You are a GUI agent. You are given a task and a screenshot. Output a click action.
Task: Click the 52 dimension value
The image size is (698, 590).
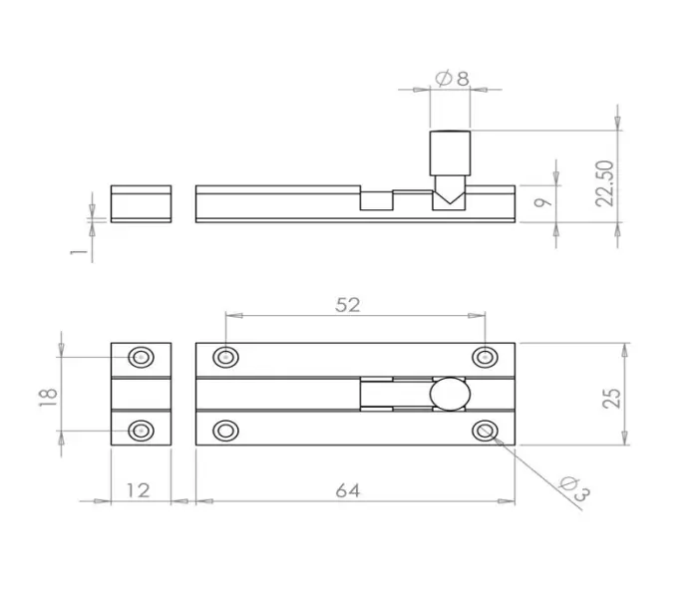point(347,305)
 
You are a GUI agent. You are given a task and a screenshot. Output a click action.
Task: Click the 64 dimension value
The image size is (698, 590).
point(347,489)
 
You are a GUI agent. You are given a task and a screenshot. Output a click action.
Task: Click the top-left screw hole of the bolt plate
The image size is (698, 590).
point(226,356)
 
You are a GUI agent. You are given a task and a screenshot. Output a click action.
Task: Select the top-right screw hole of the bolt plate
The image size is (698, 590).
point(486,356)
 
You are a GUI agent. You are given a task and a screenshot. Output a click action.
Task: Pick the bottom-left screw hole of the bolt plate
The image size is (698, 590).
point(226,431)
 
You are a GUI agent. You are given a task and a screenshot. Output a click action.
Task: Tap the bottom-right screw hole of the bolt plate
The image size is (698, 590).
point(486,431)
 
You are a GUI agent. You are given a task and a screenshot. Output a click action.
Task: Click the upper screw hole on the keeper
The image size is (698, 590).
point(141,357)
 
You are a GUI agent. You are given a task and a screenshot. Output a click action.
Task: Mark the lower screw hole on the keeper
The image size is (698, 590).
point(141,431)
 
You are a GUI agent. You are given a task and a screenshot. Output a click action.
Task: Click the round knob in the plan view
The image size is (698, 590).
point(449,394)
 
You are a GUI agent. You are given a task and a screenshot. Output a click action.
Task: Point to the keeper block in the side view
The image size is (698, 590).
point(141,203)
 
